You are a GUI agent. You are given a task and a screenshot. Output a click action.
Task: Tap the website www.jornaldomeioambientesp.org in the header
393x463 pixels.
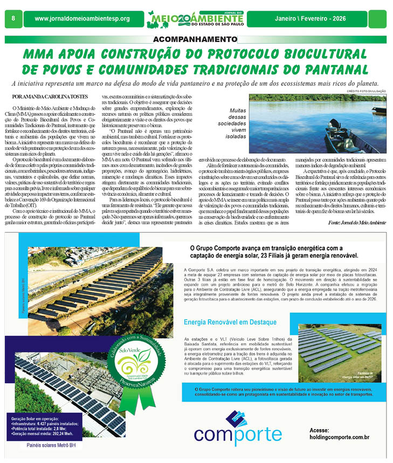82,19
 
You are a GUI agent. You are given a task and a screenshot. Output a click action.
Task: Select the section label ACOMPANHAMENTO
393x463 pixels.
192,40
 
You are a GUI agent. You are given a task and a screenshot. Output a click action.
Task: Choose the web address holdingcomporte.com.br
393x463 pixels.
339,439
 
